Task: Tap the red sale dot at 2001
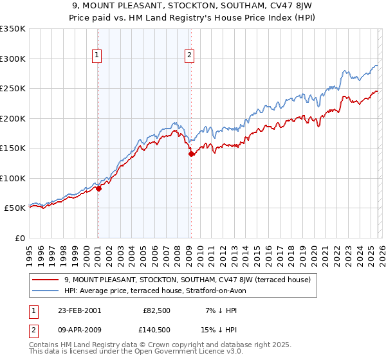click(x=98, y=188)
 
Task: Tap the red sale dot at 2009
click(x=191, y=154)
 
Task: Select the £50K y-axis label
click(x=15, y=208)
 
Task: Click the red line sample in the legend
click(x=46, y=280)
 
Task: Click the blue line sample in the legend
click(x=46, y=291)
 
